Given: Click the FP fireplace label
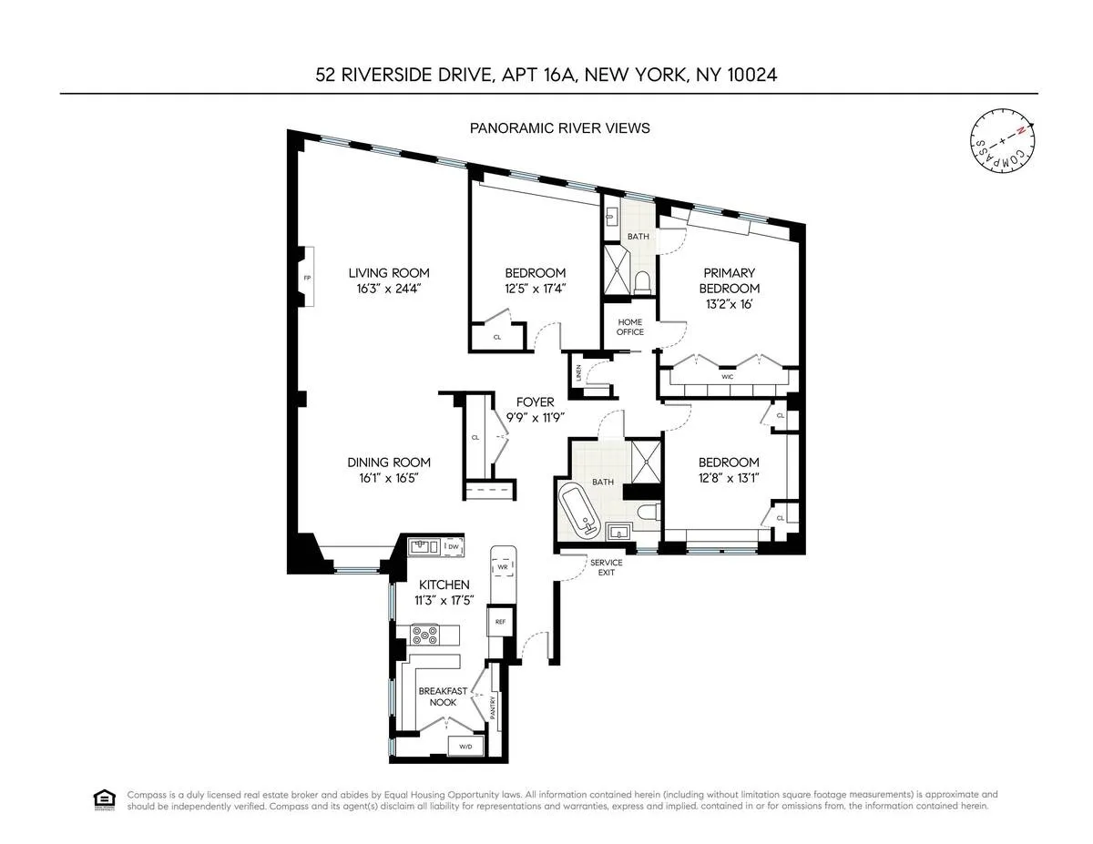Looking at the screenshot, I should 308,278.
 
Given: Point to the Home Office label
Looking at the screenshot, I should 630,327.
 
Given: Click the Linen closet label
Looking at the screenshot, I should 577,373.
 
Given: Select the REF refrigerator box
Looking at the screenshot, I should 500,622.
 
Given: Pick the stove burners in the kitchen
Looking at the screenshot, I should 425,635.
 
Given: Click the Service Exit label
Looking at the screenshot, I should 606,568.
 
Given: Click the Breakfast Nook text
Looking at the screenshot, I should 443,697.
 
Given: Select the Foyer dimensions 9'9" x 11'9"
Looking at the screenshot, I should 536,418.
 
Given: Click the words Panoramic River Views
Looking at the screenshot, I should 559,128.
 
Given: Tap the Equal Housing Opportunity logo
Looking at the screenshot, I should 102,799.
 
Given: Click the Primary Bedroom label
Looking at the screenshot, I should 729,280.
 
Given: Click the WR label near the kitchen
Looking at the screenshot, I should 501,567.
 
